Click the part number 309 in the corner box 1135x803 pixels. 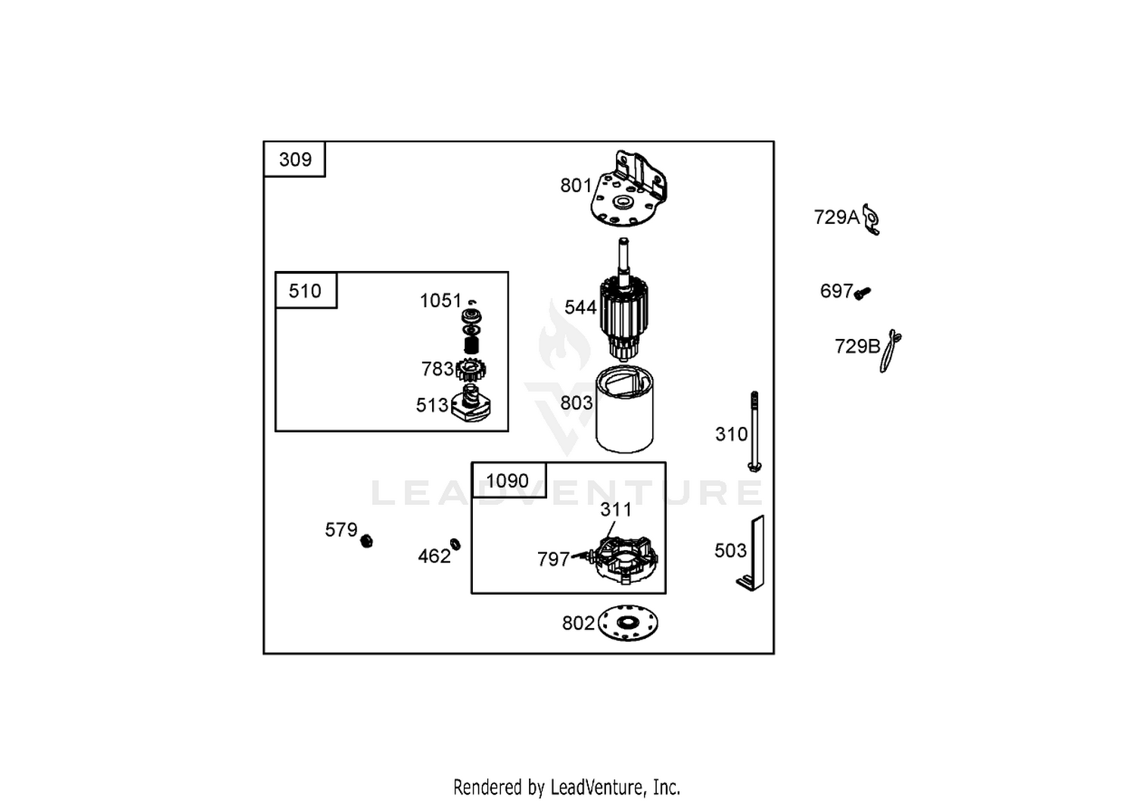pyautogui.click(x=295, y=160)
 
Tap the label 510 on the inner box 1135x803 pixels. pyautogui.click(x=305, y=291)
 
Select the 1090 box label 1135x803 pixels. pyautogui.click(x=507, y=481)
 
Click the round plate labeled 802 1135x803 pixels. pyautogui.click(x=628, y=623)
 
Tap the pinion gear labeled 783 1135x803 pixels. pyautogui.click(x=471, y=370)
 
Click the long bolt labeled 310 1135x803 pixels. pyautogui.click(x=754, y=431)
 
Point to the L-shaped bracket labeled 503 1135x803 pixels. pyautogui.click(x=751, y=553)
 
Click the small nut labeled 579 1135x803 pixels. pyautogui.click(x=366, y=541)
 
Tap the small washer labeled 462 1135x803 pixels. pyautogui.click(x=456, y=544)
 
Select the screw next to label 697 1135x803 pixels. pyautogui.click(x=863, y=293)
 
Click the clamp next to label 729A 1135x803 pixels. pyautogui.click(x=872, y=219)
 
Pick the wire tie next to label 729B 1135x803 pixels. pyautogui.click(x=890, y=351)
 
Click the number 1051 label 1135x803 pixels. pyautogui.click(x=440, y=300)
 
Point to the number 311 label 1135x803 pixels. pyautogui.click(x=616, y=509)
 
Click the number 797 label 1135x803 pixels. pyautogui.click(x=554, y=559)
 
